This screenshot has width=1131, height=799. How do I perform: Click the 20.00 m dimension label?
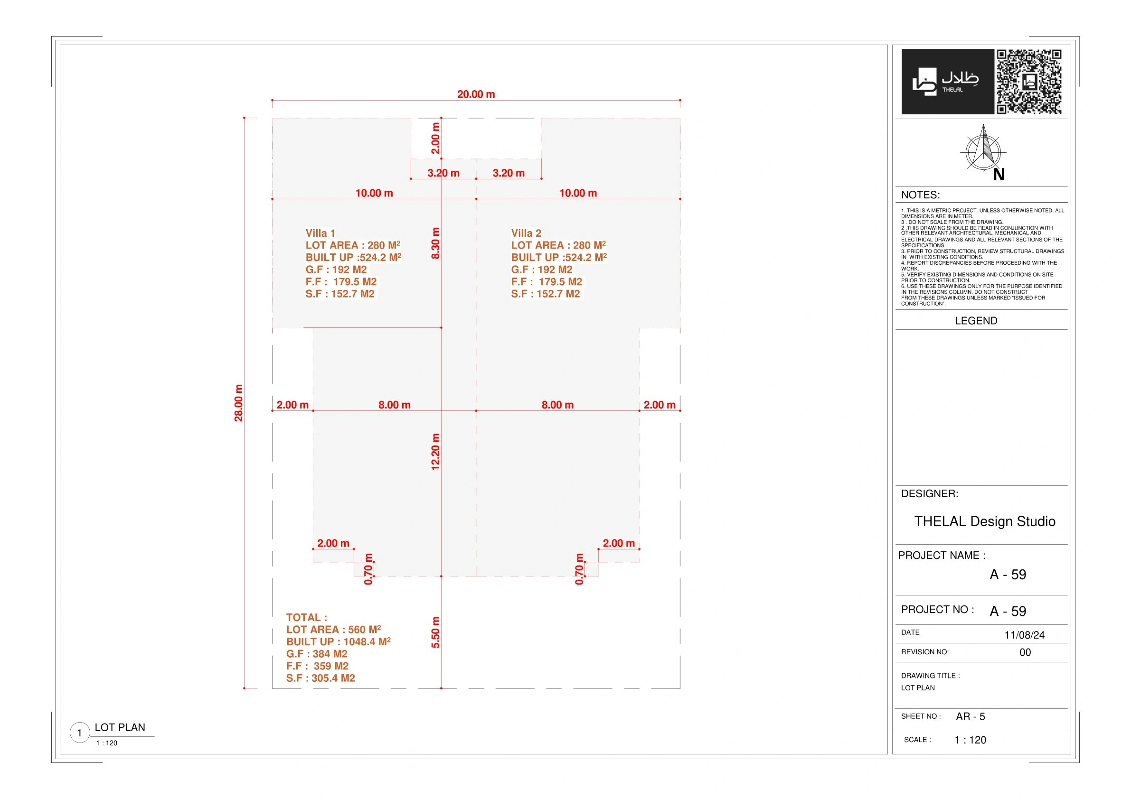[476, 94]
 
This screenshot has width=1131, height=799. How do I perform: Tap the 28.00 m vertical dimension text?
[238, 403]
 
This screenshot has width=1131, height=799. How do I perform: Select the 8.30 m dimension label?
[435, 243]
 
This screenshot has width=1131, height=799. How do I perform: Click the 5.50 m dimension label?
[435, 632]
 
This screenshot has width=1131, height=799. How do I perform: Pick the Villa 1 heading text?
[320, 233]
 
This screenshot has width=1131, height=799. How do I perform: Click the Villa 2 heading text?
[526, 233]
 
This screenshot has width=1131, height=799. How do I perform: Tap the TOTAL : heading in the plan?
[306, 617]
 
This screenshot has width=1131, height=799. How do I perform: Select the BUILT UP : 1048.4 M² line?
[339, 641]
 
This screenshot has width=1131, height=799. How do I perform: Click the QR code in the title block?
[1028, 82]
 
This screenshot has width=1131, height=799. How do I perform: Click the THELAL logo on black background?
[947, 82]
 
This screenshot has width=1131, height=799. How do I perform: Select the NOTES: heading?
[920, 195]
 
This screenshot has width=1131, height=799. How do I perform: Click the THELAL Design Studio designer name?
[985, 521]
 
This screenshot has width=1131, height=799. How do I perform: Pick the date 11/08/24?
[1025, 635]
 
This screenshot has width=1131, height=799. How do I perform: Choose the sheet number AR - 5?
[971, 717]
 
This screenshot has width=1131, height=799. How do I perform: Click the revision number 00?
[1025, 652]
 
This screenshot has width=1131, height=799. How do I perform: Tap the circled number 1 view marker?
[80, 733]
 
